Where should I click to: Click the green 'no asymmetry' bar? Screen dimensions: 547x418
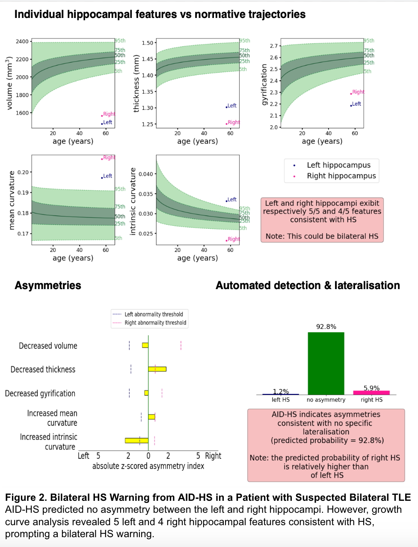click(x=326, y=363)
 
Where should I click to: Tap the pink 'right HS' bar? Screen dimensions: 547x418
click(x=371, y=393)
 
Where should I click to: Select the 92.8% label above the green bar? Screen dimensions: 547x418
click(x=326, y=327)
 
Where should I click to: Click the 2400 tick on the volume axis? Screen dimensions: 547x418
click(x=22, y=41)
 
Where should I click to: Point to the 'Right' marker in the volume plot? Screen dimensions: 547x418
click(x=108, y=114)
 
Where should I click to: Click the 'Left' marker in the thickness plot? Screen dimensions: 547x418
click(x=231, y=106)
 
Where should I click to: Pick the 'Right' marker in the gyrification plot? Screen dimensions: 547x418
click(x=357, y=92)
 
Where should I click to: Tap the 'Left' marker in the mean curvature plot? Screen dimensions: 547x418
click(x=107, y=176)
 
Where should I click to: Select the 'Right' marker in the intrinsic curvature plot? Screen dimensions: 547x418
click(x=233, y=239)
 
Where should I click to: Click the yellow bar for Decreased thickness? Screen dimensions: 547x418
click(x=157, y=369)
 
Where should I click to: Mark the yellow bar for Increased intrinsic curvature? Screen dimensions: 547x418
click(x=136, y=440)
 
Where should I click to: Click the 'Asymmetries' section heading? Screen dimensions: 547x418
click(x=48, y=285)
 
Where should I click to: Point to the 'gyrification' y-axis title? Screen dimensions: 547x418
click(x=264, y=84)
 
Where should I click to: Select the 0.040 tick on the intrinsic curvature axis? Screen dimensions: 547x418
click(x=145, y=174)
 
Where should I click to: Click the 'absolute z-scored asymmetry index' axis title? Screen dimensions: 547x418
click(x=148, y=466)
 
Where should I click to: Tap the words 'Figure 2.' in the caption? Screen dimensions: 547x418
click(x=26, y=497)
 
